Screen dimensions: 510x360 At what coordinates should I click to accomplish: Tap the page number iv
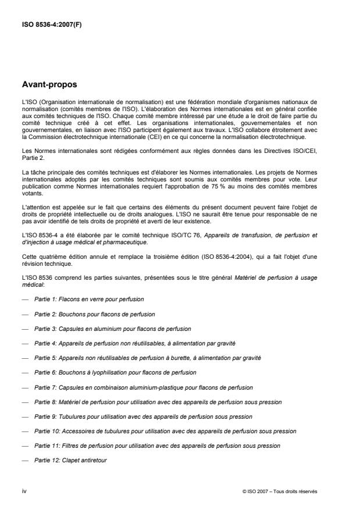pyautogui.click(x=24, y=491)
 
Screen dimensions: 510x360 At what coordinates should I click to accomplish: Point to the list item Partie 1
pyautogui.click(x=89, y=298)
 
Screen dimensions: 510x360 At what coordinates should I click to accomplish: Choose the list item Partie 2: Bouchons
pyautogui.click(x=94, y=313)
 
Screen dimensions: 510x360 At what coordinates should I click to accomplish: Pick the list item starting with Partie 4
pyautogui.click(x=134, y=344)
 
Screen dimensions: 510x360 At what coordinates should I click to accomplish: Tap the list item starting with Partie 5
pyautogui.click(x=148, y=358)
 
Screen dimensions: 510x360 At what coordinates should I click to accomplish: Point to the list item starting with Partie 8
pyautogui.click(x=158, y=402)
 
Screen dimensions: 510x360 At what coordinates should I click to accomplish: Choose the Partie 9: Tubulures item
pyautogui.click(x=146, y=417)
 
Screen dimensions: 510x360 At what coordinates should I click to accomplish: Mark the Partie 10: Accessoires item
pyautogui.click(x=165, y=431)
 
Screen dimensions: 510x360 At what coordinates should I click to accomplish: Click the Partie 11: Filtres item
pyautogui.click(x=157, y=446)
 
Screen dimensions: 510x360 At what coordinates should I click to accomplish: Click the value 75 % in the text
pyautogui.click(x=228, y=206)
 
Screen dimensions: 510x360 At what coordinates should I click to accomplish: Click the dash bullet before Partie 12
pyautogui.click(x=24, y=461)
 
